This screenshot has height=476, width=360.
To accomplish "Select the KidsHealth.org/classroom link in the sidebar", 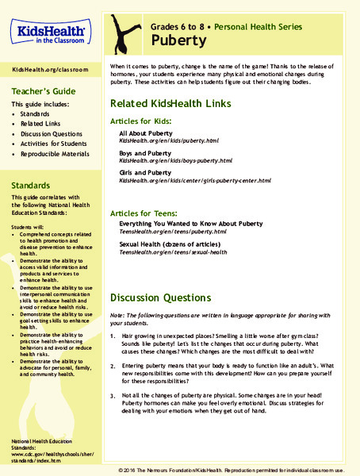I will (50, 70).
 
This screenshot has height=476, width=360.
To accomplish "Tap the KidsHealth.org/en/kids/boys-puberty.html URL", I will (175, 160).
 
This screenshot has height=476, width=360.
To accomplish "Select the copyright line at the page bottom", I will (237, 468).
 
